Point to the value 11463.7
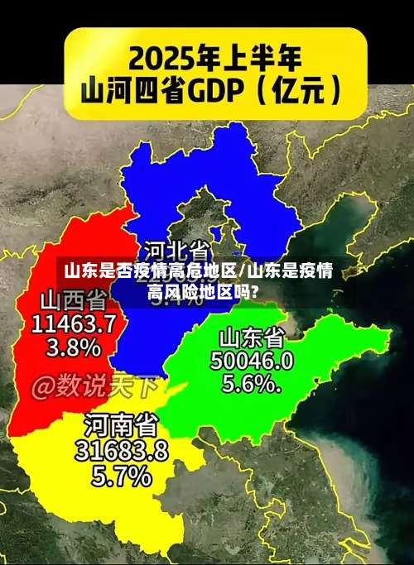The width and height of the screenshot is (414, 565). click(74, 323)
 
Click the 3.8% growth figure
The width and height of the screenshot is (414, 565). click(73, 347)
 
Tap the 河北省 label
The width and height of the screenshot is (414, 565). click(176, 249)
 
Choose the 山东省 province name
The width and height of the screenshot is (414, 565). click(252, 338)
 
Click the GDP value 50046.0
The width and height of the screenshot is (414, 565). click(252, 361)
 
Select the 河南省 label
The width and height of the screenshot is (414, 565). click(120, 427)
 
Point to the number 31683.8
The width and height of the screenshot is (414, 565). click(122, 451)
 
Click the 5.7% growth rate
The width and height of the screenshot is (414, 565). click(122, 476)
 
